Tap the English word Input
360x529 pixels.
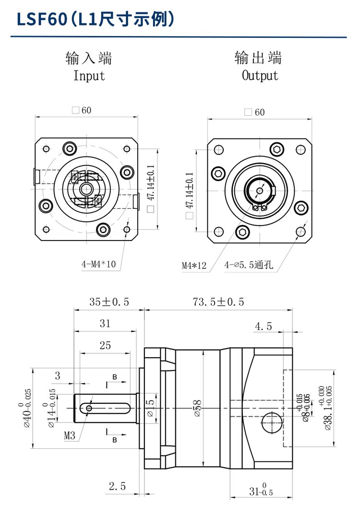coord(89,76)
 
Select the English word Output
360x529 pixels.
coord(260,75)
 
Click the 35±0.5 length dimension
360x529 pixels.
coord(109,302)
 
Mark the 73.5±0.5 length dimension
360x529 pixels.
coord(218,302)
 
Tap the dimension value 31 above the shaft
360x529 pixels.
coord(105,324)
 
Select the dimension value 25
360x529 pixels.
coord(105,345)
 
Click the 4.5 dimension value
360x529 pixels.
coord(263,326)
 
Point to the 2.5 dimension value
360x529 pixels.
coord(117,486)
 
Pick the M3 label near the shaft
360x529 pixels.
coord(70,436)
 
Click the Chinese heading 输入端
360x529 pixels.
coord(89,59)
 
